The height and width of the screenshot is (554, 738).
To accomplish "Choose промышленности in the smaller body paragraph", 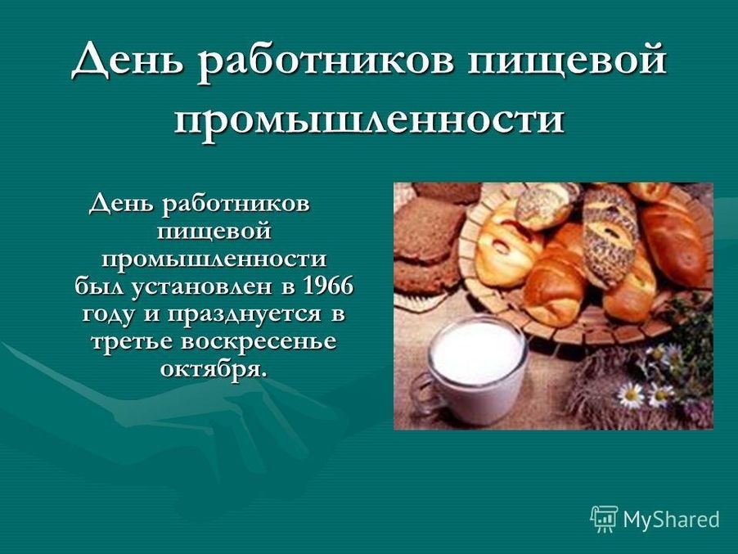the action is [x=214, y=261].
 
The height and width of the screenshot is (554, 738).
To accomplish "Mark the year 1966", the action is [x=329, y=286].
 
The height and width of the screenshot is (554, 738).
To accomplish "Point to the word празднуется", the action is [x=245, y=315].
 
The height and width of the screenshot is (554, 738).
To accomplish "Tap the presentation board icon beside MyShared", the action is [x=604, y=519].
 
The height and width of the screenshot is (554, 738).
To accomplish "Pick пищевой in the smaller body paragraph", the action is [x=214, y=232].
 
